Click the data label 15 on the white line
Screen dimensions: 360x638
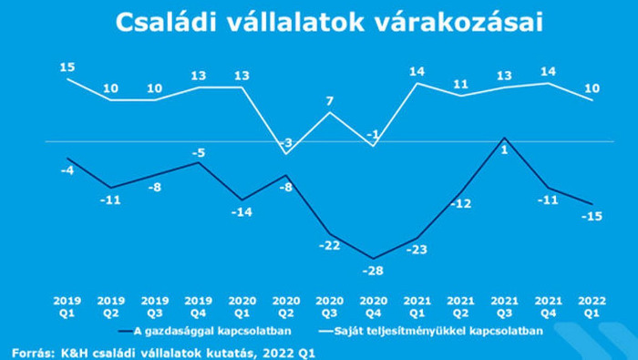click(x=68, y=67)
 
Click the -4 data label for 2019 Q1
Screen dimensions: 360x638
click(x=67, y=171)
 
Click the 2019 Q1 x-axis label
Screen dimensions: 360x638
click(x=67, y=304)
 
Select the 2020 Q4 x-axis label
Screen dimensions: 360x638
click(x=372, y=304)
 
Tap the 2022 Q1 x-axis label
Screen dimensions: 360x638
click(x=590, y=304)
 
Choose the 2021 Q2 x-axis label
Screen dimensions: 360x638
click(x=459, y=304)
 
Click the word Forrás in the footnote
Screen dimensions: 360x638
click(x=29, y=352)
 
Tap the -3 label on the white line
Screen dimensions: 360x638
click(x=286, y=144)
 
